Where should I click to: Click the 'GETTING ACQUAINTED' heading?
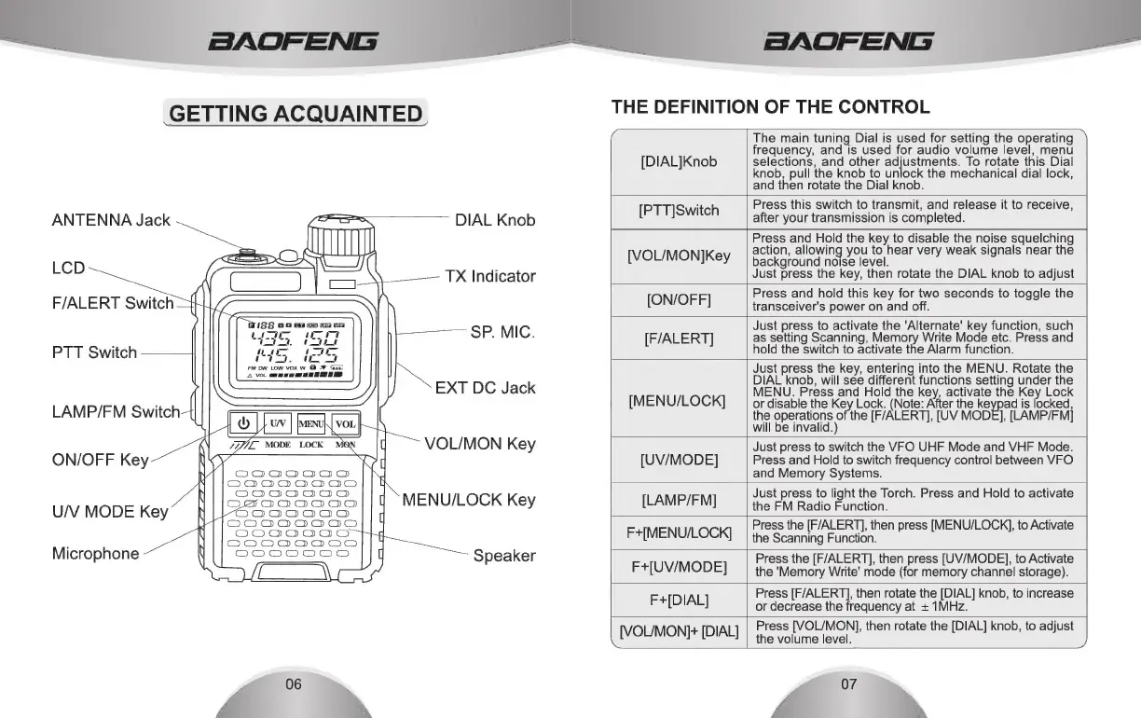click(295, 114)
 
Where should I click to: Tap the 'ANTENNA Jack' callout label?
click(111, 220)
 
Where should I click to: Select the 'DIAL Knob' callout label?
click(495, 220)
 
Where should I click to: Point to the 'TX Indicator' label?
click(490, 276)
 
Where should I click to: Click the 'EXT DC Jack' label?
click(485, 388)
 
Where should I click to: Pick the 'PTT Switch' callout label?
click(94, 352)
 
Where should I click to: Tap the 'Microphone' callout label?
click(95, 553)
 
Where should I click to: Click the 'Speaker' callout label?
click(504, 556)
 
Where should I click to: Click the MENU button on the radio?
click(310, 424)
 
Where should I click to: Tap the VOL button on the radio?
click(345, 424)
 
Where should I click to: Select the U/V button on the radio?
click(278, 424)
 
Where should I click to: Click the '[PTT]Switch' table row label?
click(679, 211)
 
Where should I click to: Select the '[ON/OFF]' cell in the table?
click(679, 300)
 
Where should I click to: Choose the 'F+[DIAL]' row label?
click(679, 599)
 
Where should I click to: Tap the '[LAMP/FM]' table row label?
click(679, 500)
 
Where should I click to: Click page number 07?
click(848, 684)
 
